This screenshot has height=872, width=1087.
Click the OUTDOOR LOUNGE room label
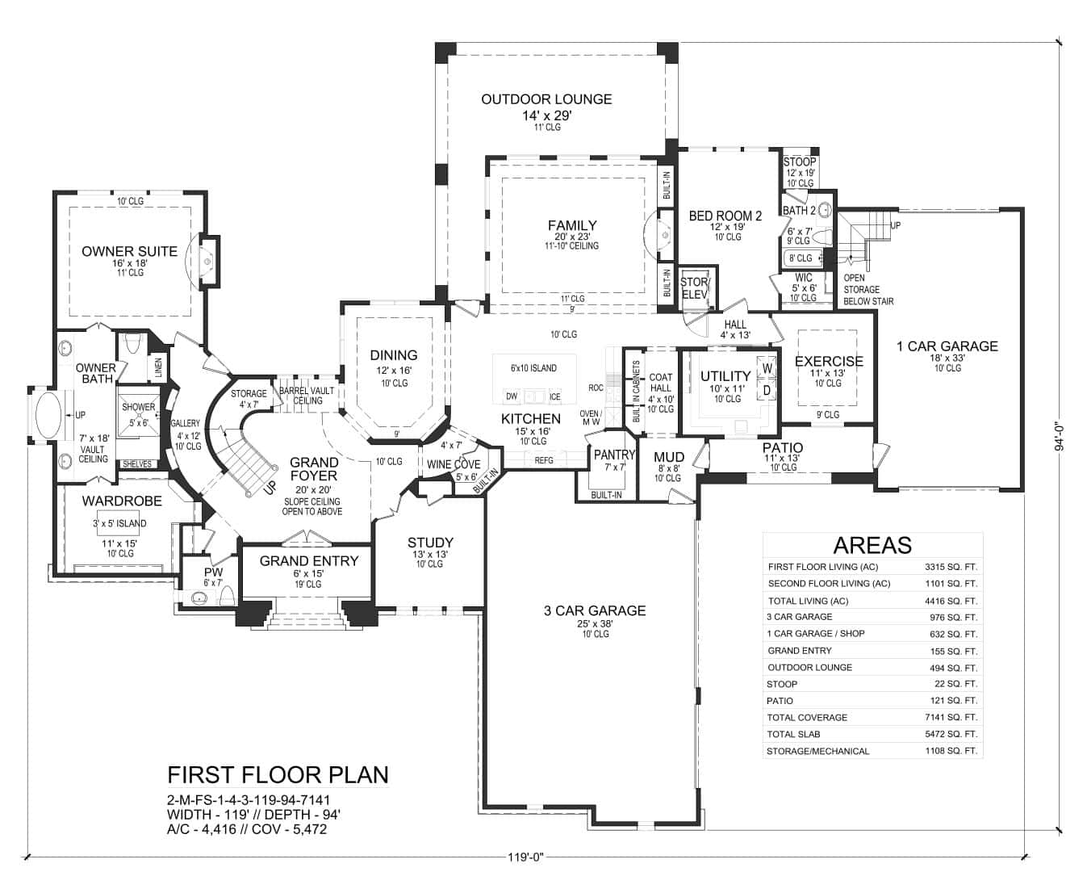click(x=546, y=99)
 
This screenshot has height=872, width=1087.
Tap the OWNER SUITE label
click(x=129, y=251)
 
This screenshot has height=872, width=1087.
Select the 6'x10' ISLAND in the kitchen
click(x=533, y=369)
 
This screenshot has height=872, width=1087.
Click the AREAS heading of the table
click(x=872, y=545)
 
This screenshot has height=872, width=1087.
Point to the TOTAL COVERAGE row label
click(x=807, y=717)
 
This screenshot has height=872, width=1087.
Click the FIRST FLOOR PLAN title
click(x=278, y=774)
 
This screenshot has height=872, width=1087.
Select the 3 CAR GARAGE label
click(x=594, y=610)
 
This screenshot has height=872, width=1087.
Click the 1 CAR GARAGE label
click(x=947, y=346)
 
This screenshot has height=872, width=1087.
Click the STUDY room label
click(x=430, y=543)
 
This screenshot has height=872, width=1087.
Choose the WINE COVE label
click(x=453, y=464)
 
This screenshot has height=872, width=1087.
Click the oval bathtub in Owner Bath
click(x=52, y=415)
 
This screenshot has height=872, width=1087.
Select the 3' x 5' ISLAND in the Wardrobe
click(x=120, y=523)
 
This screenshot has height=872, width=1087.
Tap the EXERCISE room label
click(x=829, y=361)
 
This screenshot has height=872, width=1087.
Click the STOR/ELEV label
click(x=694, y=288)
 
